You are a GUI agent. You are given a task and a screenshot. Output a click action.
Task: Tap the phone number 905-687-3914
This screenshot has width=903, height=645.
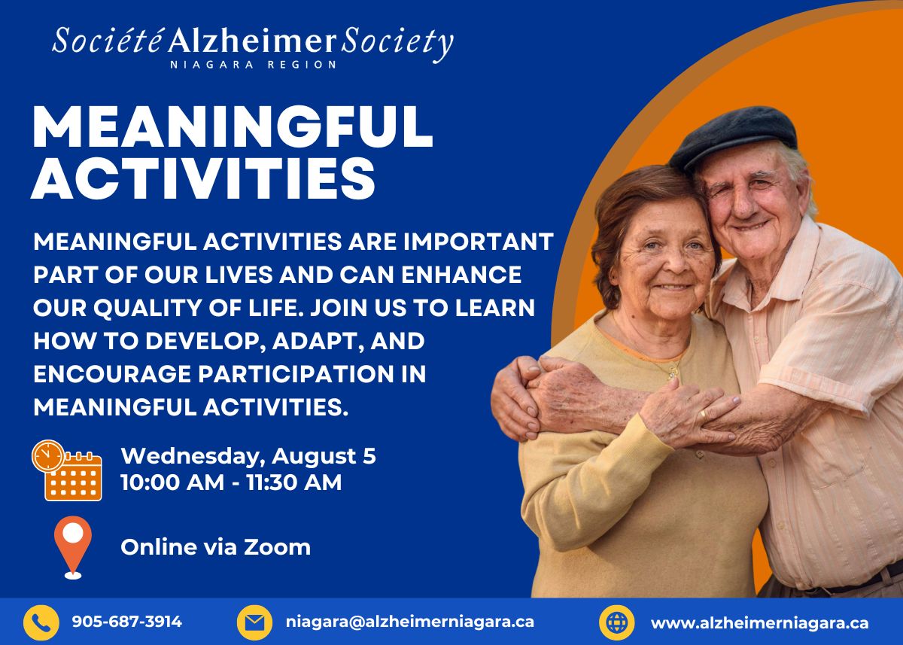[x=127, y=622]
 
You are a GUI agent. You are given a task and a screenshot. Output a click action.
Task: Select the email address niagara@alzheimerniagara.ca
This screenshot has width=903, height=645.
[x=410, y=622]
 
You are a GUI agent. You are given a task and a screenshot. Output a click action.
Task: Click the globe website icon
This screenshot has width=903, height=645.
[x=617, y=623]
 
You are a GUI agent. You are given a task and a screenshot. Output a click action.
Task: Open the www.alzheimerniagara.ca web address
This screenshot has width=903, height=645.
[x=760, y=623]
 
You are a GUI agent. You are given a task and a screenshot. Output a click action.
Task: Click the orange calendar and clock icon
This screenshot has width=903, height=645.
[x=67, y=470]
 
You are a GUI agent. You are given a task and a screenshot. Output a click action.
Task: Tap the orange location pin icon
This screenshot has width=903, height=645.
[x=73, y=547]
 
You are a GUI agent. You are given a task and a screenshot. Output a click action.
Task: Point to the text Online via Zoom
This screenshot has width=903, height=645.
[x=216, y=547]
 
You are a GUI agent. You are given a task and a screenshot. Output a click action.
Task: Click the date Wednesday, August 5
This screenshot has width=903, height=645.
[x=248, y=456]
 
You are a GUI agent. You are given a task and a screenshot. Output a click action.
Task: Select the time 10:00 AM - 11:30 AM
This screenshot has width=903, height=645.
[x=232, y=482]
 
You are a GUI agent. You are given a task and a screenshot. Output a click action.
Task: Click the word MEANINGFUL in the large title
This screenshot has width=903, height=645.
[x=233, y=127]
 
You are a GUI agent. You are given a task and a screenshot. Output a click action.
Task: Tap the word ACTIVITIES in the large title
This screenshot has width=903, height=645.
[x=204, y=178]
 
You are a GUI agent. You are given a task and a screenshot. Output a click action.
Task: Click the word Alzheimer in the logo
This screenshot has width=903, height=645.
[x=252, y=41]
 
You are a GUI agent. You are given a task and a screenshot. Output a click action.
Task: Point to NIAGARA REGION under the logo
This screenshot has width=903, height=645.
[x=253, y=65]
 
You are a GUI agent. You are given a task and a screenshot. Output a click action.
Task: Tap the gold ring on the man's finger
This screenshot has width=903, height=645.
[x=703, y=414]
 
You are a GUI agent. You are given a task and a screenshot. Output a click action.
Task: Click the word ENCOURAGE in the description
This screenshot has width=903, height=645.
[x=112, y=374]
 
